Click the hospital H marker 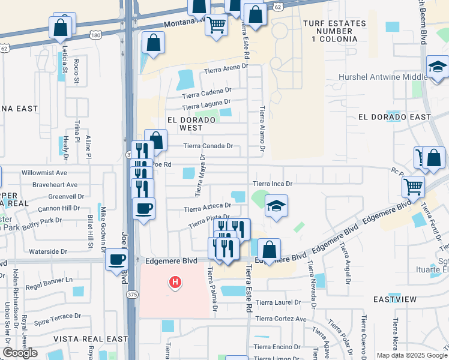[x=175, y=281]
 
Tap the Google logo [x=20, y=353]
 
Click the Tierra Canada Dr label [x=208, y=146]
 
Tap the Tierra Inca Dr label [x=272, y=184]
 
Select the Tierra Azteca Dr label [x=208, y=208]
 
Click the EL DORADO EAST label [x=394, y=117]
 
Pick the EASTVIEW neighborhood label [x=394, y=299]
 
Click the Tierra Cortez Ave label [x=281, y=319]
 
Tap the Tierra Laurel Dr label [x=277, y=302]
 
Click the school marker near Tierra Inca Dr [x=276, y=206]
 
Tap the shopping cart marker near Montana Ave [x=216, y=25]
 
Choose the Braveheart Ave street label [x=55, y=185]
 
